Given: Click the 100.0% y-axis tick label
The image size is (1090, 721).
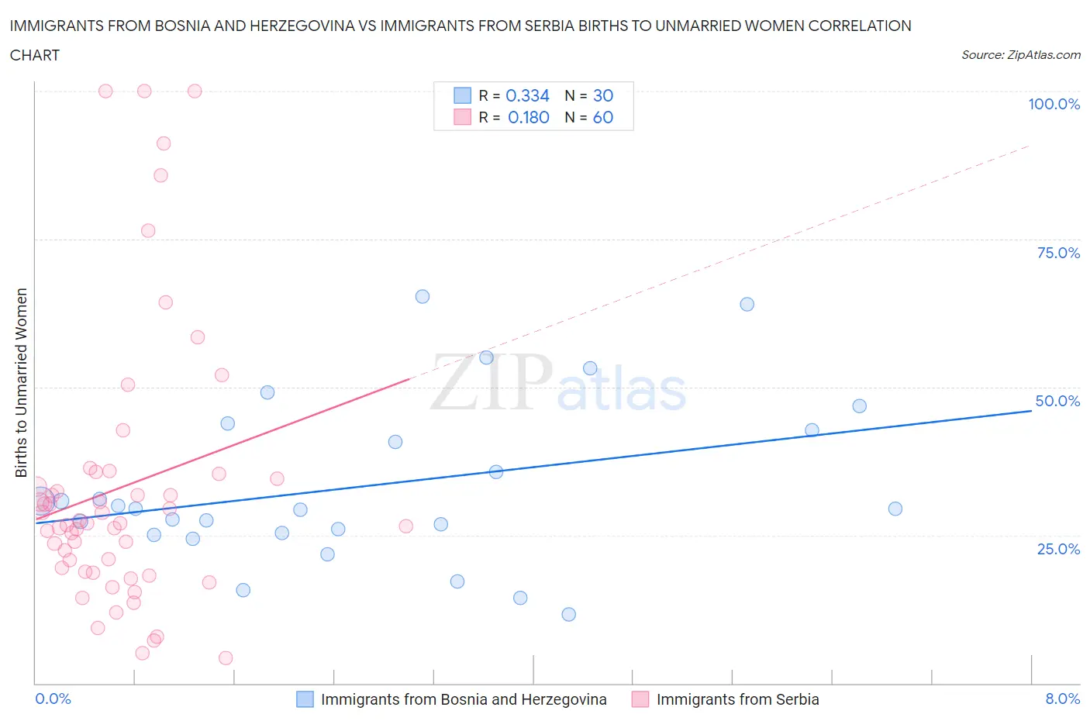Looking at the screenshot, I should (1054, 104).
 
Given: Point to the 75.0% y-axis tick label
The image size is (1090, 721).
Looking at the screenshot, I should (1058, 253).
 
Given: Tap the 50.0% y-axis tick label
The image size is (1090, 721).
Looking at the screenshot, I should (1057, 401).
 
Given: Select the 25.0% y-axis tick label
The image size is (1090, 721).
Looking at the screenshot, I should (1058, 549).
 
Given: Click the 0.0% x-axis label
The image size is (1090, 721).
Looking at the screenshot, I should (53, 699).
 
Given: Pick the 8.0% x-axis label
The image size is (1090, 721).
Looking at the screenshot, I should (1062, 699).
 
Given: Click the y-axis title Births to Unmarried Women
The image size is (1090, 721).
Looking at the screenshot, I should (22, 382).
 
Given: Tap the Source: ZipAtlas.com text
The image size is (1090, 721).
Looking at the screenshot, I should (1020, 55).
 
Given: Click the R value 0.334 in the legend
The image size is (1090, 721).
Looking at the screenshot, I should (527, 95).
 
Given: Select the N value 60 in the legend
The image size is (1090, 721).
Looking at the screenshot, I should (602, 117).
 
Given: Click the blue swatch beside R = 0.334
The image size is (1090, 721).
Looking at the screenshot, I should (462, 95).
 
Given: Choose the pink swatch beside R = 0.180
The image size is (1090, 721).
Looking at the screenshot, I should (462, 117).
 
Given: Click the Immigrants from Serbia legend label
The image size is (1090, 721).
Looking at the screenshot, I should (737, 699).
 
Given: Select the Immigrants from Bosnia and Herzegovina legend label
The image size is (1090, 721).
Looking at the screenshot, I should (464, 699).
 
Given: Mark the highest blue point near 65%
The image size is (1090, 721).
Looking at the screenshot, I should (423, 296).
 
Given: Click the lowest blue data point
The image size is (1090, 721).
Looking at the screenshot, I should (569, 614).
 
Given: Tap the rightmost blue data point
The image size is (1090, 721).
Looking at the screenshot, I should (895, 509).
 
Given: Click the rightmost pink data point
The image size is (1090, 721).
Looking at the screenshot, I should (405, 526).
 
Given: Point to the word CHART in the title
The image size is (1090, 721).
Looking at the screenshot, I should (35, 55).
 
